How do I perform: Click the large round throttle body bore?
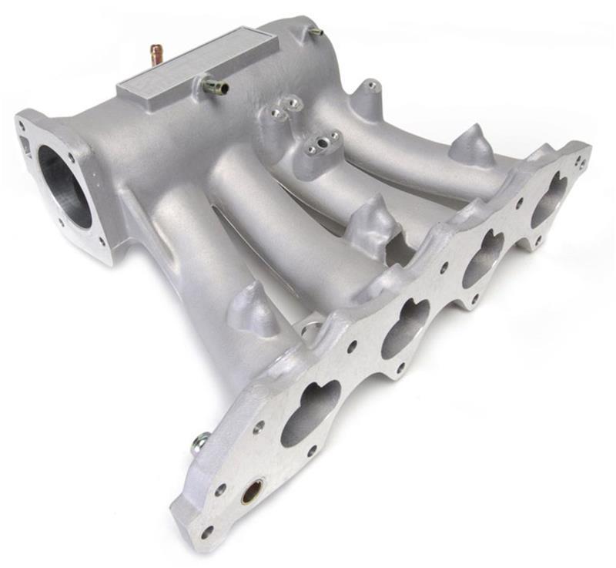point(64,187)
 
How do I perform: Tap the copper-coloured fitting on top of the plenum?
point(156,54)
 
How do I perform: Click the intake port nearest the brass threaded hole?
point(310,413)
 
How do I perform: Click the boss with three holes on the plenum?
point(319,145)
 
